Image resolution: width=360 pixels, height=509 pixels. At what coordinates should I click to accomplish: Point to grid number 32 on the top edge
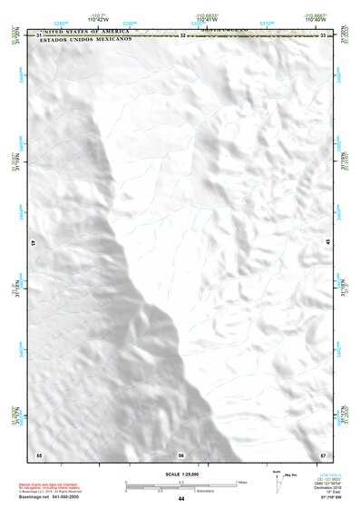coord(182,34)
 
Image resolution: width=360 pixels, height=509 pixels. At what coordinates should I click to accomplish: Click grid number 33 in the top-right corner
coord(324,34)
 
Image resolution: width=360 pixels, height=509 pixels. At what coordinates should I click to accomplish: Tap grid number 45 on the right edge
coord(328,241)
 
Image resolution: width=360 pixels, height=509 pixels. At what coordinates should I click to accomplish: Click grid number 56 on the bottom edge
coord(181,455)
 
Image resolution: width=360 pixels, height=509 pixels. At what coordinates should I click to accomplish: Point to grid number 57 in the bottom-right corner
coord(324,454)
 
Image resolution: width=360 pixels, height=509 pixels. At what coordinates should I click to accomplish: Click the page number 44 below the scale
coord(181,498)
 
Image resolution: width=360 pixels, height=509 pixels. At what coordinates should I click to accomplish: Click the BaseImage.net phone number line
coord(47,497)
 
